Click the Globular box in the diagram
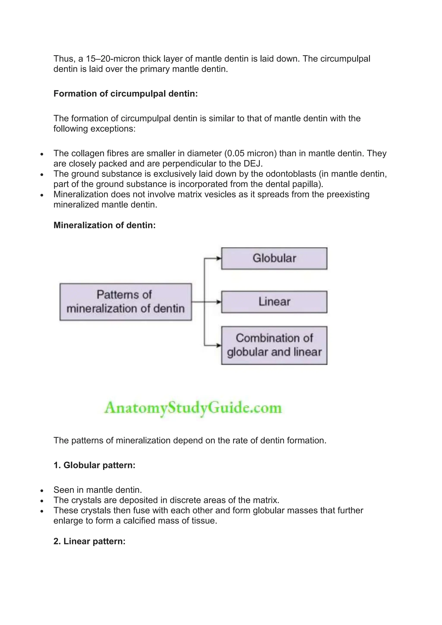tap(274, 258)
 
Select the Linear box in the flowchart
tap(274, 302)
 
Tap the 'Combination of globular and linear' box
tap(274, 345)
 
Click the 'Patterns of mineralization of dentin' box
tap(125, 302)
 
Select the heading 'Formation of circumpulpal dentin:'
tap(125, 94)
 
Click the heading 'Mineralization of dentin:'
tap(104, 225)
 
